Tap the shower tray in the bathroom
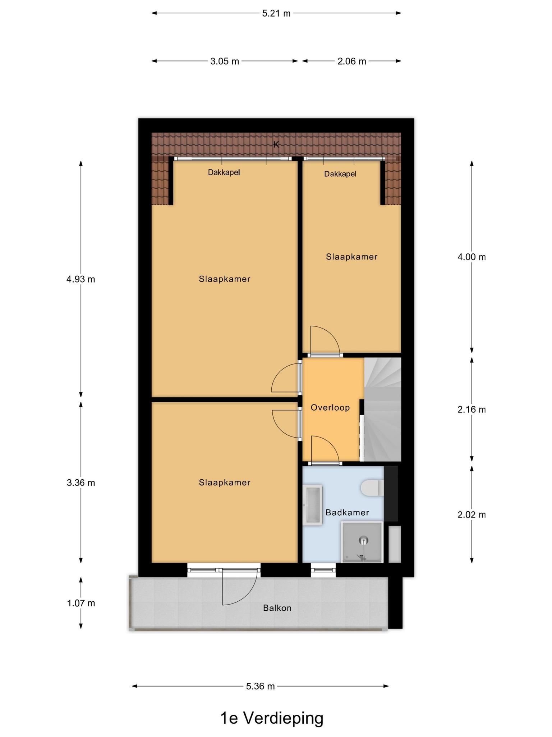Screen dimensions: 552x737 [362, 542]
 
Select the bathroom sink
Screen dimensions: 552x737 [313, 505]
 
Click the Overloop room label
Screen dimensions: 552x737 [330, 408]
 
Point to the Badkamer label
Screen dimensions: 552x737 [347, 512]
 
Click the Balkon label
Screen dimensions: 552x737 [277, 608]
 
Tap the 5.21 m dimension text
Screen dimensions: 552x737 [276, 13]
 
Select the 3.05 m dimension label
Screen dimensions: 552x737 [225, 61]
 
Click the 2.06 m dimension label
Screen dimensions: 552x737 [351, 61]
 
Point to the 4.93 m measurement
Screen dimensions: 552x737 [81, 279]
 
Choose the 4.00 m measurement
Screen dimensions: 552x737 [471, 257]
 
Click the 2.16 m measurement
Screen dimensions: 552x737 [471, 410]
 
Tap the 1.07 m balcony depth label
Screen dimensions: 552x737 [81, 603]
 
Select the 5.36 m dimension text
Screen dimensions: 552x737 [260, 686]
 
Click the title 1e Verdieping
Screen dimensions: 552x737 [272, 718]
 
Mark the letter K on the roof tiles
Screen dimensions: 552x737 [276, 145]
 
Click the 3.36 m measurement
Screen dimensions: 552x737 [81, 483]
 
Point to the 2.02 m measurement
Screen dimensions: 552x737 [471, 515]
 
